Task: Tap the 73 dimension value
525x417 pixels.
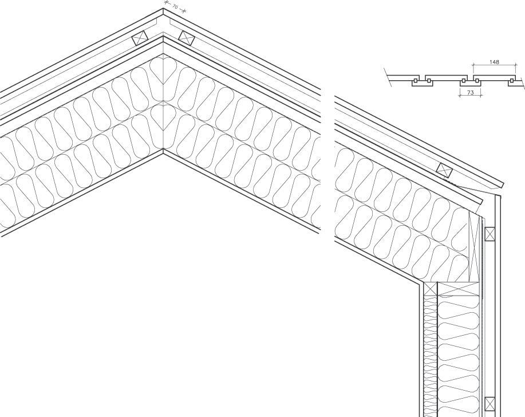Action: [471, 92]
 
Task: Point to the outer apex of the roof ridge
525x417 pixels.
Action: [163, 9]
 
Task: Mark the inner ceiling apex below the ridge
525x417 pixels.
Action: [163, 151]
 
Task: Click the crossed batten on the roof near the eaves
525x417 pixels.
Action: [444, 170]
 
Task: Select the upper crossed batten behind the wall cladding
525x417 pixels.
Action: [490, 234]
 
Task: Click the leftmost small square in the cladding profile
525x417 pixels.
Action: [415, 82]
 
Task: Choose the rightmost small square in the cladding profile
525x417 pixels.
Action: [511, 82]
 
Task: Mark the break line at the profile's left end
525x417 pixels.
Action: [388, 78]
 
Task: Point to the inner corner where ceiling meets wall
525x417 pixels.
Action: [423, 283]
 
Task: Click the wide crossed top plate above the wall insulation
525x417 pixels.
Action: [458, 289]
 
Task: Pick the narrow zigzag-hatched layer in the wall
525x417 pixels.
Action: [430, 349]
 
